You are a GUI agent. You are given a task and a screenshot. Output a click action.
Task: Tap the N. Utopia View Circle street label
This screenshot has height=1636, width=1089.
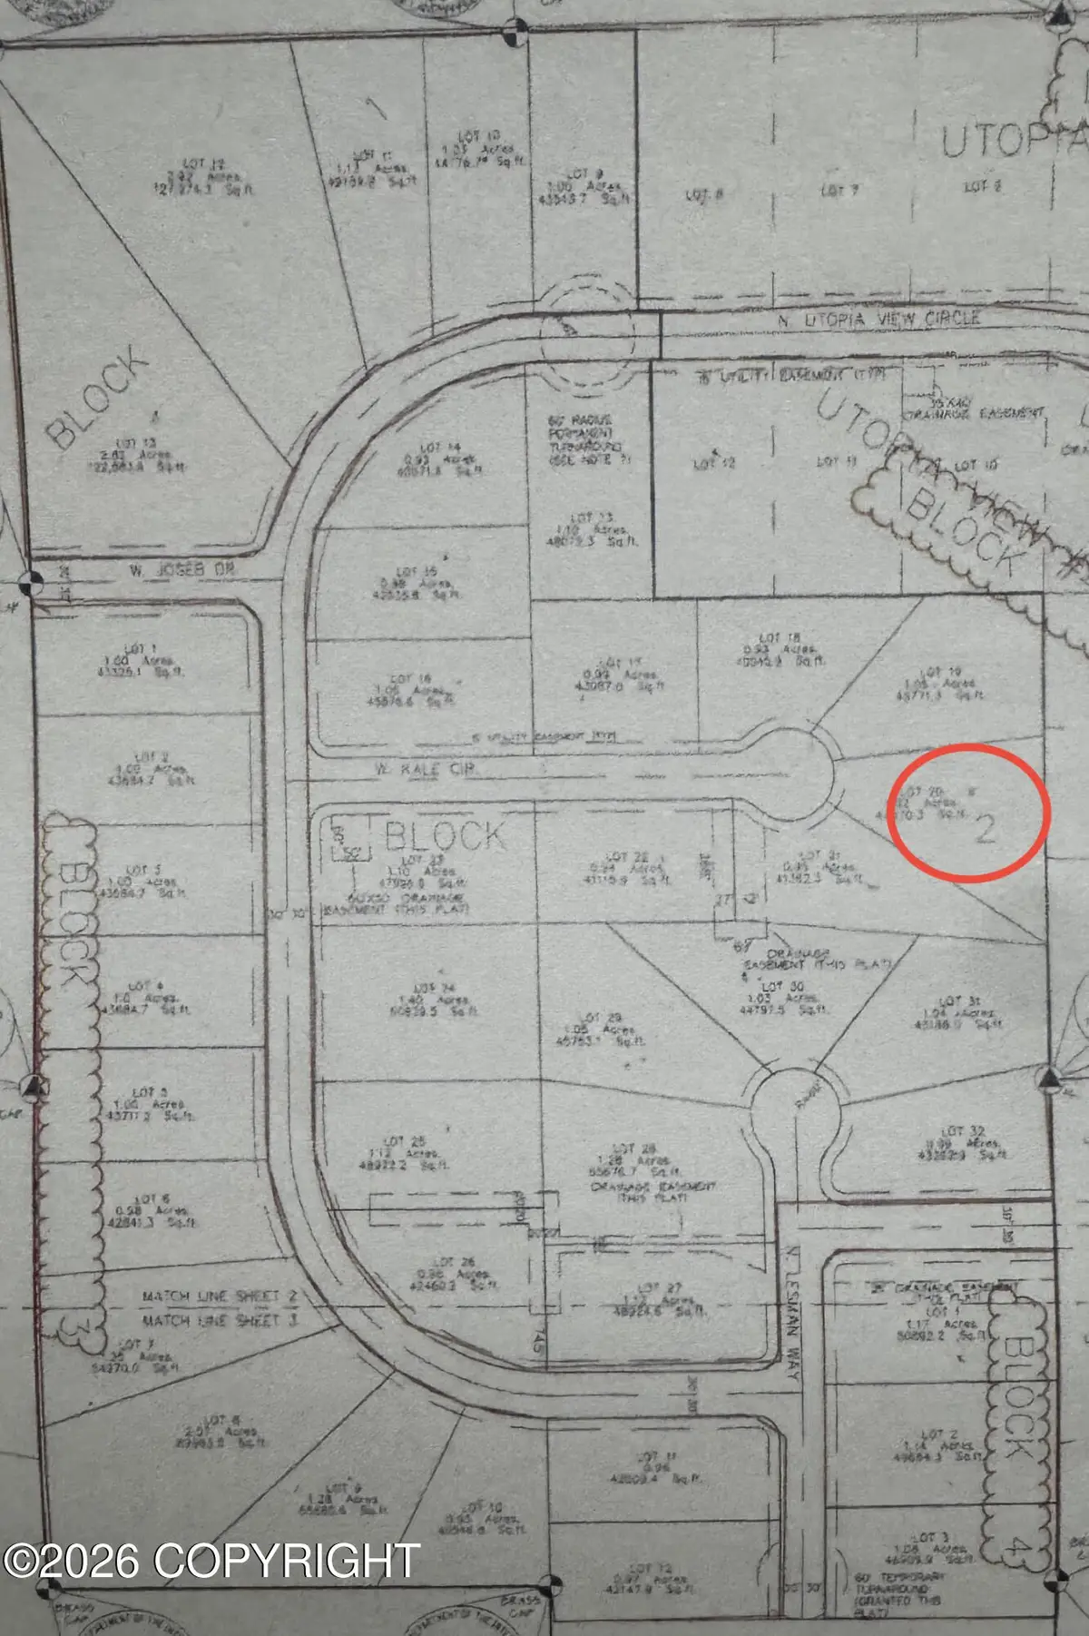pos(879,319)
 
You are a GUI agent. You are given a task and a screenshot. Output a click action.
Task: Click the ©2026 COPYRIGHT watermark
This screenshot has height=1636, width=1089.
pos(211,1560)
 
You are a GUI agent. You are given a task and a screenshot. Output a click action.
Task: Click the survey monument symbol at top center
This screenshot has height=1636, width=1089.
pos(515,33)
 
